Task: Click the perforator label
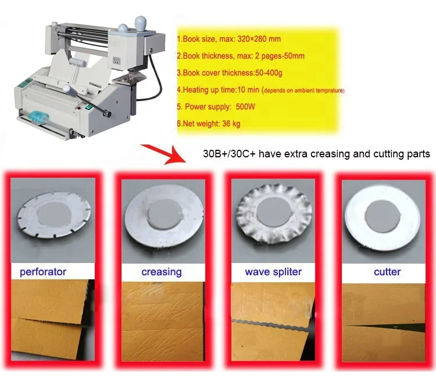(43, 272)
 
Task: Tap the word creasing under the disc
(162, 272)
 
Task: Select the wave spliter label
(273, 272)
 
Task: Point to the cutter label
(387, 272)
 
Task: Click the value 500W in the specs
(245, 107)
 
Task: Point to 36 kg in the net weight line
(231, 124)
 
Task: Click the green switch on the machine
(89, 107)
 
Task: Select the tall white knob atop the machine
(141, 25)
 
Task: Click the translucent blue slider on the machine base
(38, 117)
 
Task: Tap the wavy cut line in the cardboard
(270, 325)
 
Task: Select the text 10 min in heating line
(248, 89)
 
